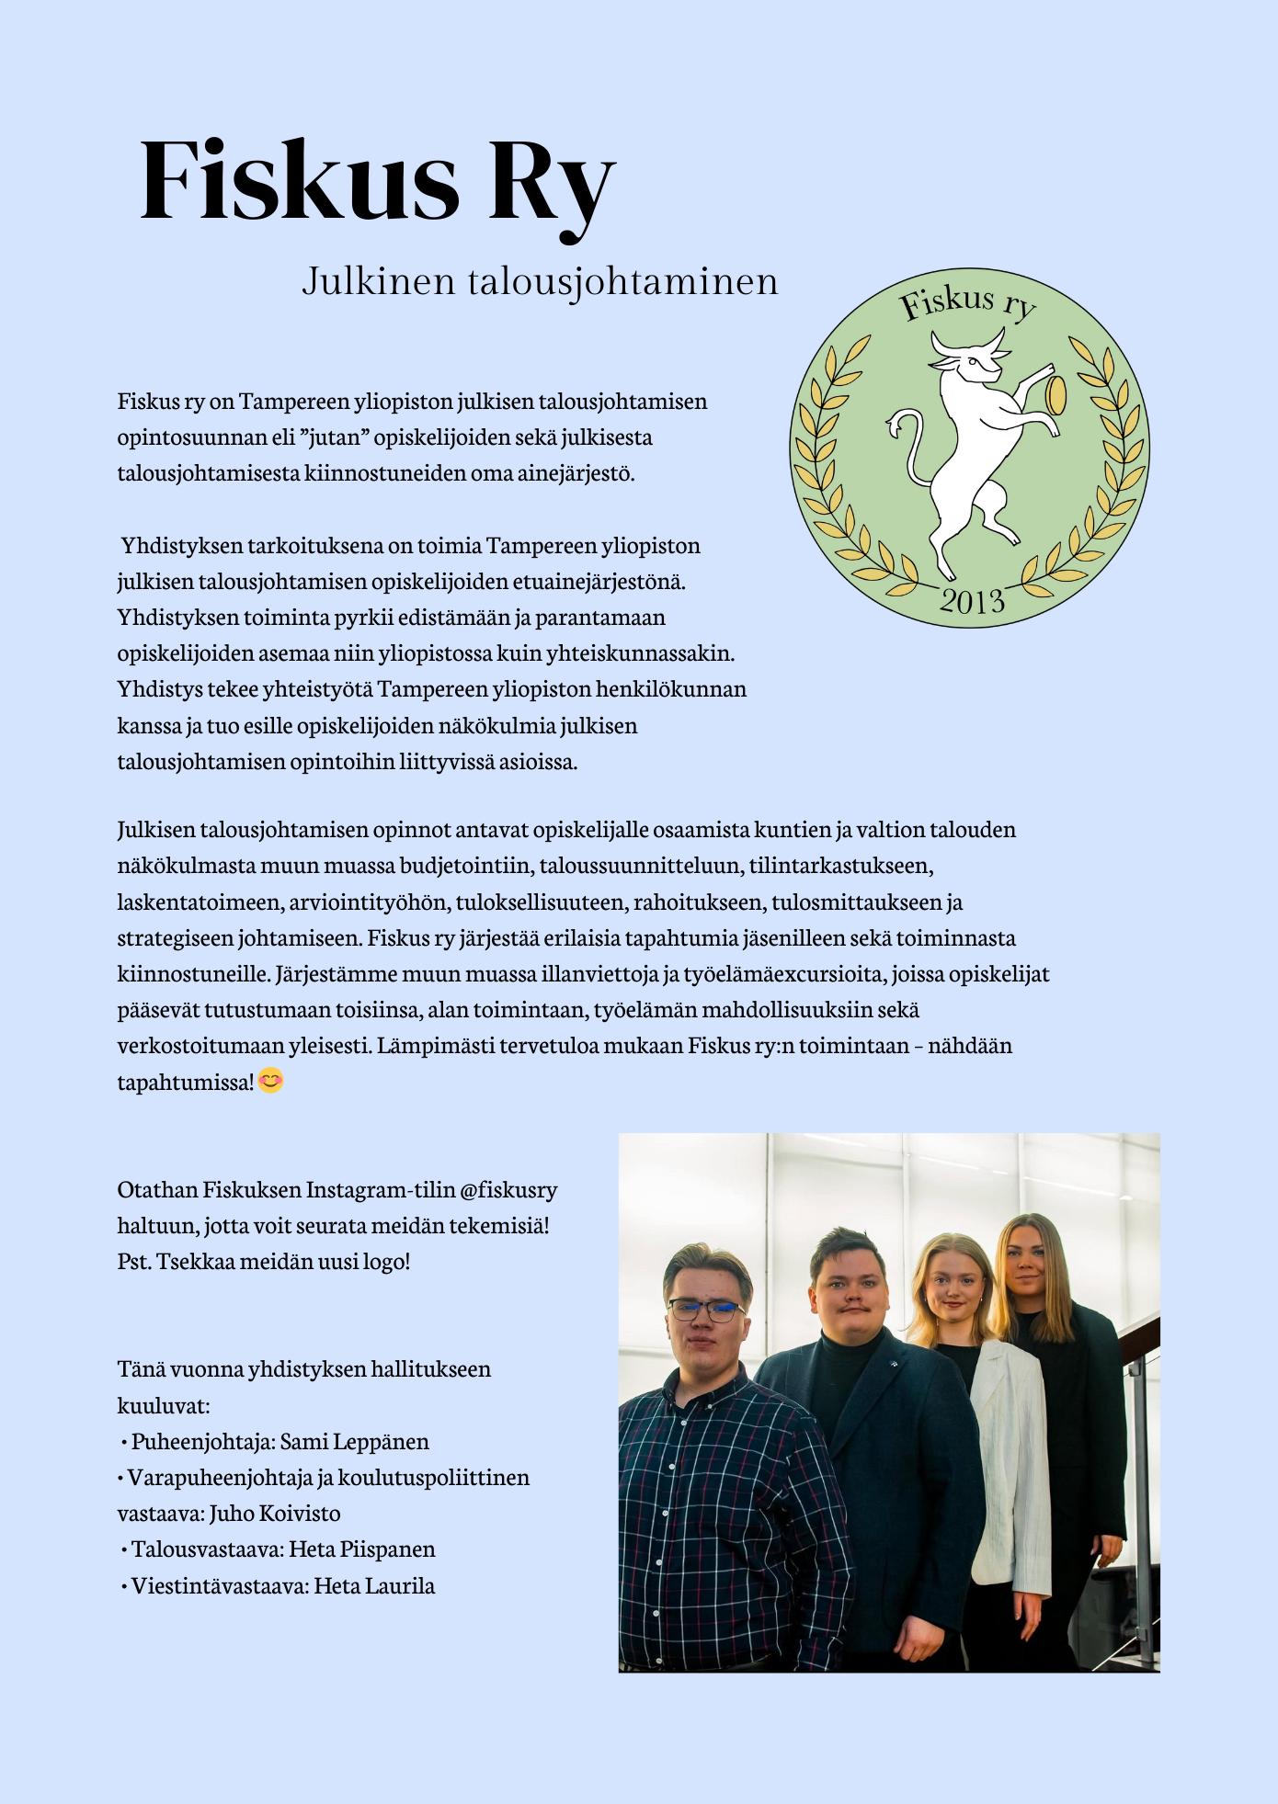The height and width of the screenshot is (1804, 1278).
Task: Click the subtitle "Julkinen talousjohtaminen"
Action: click(x=540, y=281)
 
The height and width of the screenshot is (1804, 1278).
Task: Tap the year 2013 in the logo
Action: click(x=972, y=601)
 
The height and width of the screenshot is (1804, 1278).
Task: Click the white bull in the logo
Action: click(x=965, y=441)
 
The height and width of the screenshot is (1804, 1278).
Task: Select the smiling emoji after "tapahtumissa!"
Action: click(x=270, y=1081)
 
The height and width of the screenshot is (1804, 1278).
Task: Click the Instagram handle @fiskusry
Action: click(x=508, y=1190)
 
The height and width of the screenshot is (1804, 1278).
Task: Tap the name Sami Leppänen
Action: click(x=354, y=1441)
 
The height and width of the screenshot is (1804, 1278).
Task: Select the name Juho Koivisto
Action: click(x=275, y=1513)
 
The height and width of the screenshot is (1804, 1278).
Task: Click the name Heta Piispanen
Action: click(x=361, y=1549)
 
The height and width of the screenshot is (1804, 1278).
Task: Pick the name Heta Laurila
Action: click(x=374, y=1585)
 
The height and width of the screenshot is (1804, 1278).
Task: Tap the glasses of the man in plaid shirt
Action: click(x=705, y=1310)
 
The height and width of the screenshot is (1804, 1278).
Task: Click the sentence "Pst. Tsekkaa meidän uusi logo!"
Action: click(x=264, y=1262)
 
